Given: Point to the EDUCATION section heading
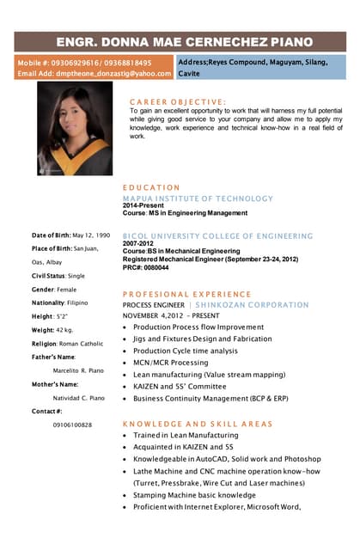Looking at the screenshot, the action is (151, 186).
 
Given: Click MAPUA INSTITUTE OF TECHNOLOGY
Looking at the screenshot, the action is (197, 198).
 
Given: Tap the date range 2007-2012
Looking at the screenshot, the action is (137, 243).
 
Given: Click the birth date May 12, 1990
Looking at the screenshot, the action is (91, 235).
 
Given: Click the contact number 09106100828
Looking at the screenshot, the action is (72, 425).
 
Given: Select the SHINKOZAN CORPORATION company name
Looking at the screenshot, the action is (254, 304).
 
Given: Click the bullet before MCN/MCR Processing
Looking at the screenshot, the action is (125, 363).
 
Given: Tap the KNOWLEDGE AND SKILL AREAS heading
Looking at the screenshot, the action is (197, 424).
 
